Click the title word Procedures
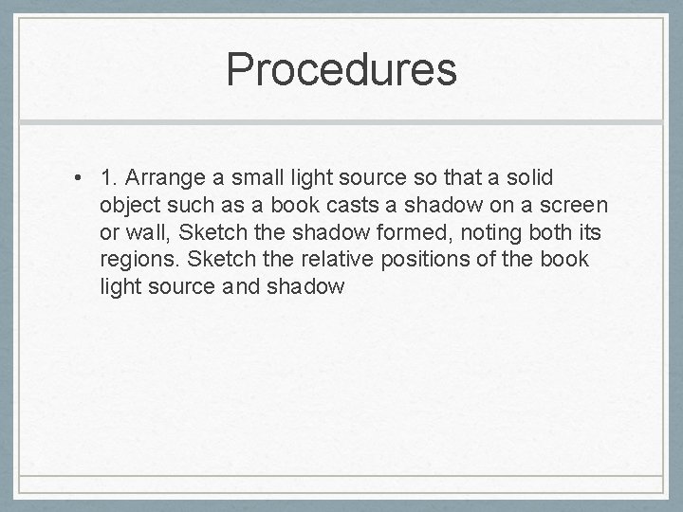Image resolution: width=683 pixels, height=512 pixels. point(341,69)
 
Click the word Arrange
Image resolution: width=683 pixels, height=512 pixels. point(159,177)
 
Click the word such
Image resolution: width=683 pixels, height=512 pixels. point(189,205)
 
